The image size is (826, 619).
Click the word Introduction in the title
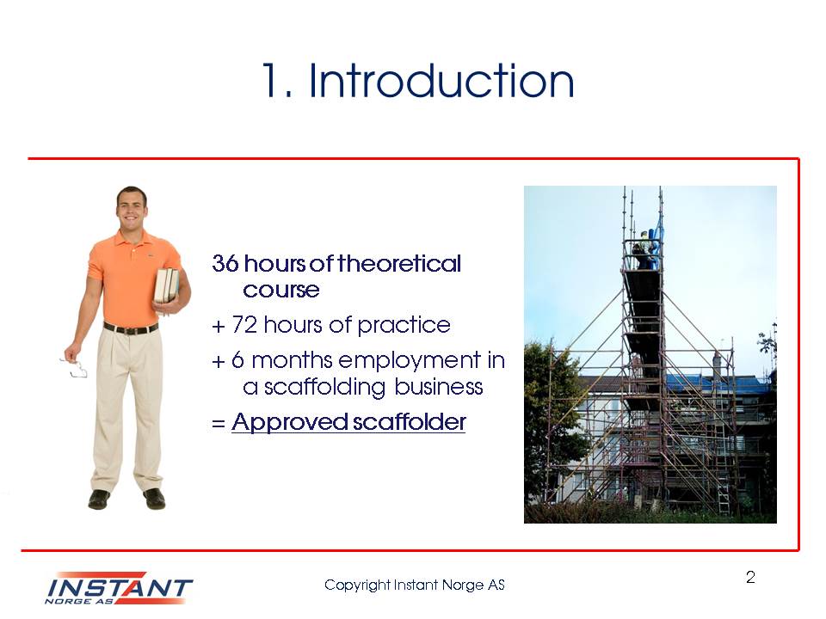tap(441, 81)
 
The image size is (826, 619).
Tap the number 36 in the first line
tap(225, 263)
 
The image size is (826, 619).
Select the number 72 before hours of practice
tap(243, 325)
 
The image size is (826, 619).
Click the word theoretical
tap(398, 263)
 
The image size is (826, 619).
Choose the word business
tap(438, 386)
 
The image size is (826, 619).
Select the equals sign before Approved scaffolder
tap(218, 423)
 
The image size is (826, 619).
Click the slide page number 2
tap(750, 578)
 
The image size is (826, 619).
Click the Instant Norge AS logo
tap(119, 588)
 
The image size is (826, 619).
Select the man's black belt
tap(131, 329)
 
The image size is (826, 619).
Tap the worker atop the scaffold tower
tap(644, 249)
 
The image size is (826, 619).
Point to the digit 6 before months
tap(237, 360)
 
